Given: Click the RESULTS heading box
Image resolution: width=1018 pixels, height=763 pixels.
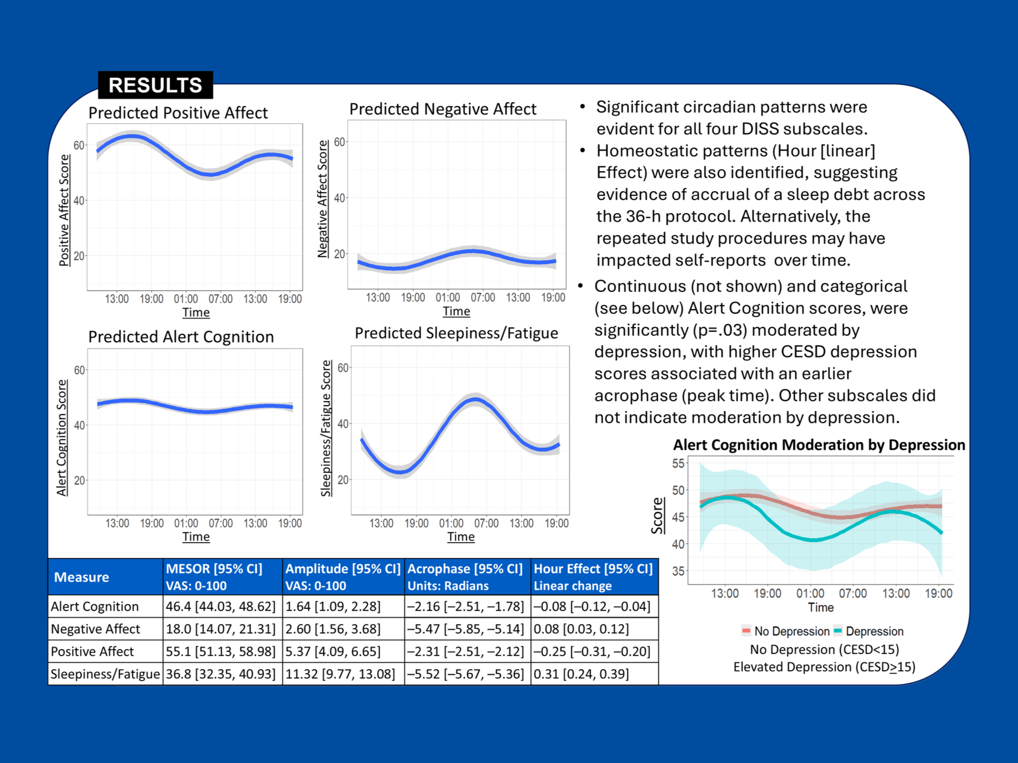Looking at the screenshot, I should (x=155, y=85).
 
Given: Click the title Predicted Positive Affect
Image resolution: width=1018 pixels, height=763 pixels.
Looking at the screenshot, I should (x=178, y=113).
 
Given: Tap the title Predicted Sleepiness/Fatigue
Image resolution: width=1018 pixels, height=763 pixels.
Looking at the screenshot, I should (x=456, y=333).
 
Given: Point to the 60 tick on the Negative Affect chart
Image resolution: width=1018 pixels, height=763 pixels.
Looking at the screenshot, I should (x=340, y=142).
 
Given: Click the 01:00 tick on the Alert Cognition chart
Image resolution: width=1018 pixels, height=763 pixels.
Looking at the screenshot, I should (x=186, y=523).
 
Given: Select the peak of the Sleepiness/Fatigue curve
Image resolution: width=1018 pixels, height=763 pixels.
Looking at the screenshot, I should (x=475, y=400).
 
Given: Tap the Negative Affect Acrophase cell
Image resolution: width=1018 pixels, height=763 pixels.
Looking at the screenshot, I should (x=466, y=629).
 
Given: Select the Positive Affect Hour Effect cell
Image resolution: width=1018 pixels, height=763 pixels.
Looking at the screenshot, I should (x=592, y=651).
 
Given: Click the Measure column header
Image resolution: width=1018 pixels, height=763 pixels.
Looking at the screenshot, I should (x=81, y=577).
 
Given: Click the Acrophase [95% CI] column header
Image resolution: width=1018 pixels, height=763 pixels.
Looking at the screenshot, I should (x=465, y=569).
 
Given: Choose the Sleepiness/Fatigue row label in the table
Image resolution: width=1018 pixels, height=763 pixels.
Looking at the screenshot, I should (x=105, y=674).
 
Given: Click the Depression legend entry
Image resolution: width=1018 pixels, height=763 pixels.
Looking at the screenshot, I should (x=874, y=631).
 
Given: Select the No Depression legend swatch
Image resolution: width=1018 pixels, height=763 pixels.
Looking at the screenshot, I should (x=746, y=631).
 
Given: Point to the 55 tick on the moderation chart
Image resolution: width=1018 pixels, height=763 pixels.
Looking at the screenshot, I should (x=678, y=464).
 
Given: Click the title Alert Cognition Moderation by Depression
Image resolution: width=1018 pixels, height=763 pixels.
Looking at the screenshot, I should (x=819, y=445).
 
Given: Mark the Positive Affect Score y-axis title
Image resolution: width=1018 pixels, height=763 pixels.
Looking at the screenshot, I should (x=64, y=210).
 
